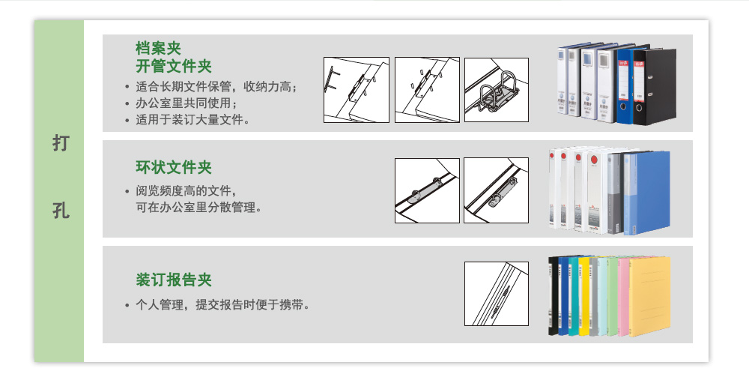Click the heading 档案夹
tap(158, 48)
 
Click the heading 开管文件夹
tap(174, 66)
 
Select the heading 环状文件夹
tap(174, 167)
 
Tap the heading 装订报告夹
tap(174, 280)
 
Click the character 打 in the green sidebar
tap(61, 143)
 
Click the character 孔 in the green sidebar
tap(61, 211)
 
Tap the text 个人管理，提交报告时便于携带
tap(222, 305)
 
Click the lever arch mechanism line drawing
tap(497, 90)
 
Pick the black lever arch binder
tap(655, 87)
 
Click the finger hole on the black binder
tap(639, 108)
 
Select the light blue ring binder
tap(647, 193)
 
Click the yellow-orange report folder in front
tap(649, 296)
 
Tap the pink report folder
tap(623, 296)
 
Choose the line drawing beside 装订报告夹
tap(497, 294)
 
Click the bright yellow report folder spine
tap(583, 296)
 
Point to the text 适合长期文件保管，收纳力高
tap(216, 87)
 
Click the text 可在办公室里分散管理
tap(198, 208)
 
